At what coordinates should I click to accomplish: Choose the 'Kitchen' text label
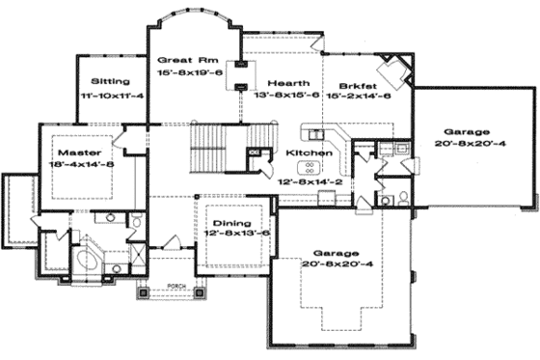(310, 153)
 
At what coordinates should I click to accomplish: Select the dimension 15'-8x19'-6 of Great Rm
(191, 72)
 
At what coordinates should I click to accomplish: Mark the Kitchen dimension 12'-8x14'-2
(309, 180)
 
